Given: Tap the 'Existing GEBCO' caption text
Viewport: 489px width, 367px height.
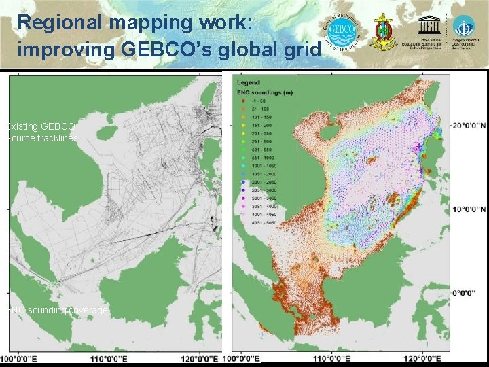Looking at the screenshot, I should (x=41, y=126).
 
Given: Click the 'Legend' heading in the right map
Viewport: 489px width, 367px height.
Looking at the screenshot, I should (x=248, y=83).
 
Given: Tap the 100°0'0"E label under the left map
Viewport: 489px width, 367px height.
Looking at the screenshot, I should (x=20, y=358).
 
